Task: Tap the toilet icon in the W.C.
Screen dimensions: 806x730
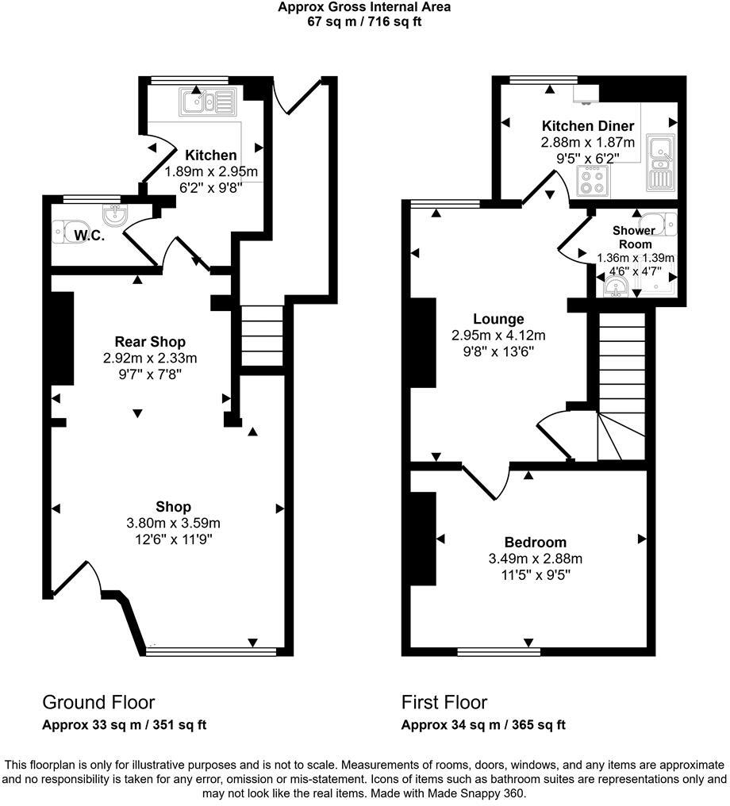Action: click(63, 230)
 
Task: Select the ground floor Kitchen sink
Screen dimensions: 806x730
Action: click(209, 101)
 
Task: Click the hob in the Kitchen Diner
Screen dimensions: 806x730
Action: click(592, 183)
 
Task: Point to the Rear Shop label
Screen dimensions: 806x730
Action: click(150, 342)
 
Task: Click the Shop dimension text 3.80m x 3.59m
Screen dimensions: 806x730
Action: click(173, 523)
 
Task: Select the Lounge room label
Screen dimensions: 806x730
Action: click(498, 319)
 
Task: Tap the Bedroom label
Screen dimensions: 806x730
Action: click(536, 543)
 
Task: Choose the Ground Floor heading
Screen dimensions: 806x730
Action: click(98, 702)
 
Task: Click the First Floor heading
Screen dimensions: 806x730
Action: click(444, 702)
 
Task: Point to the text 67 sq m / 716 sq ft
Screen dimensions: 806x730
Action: click(364, 21)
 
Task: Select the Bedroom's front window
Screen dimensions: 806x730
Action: click(498, 652)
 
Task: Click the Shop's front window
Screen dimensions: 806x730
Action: click(211, 652)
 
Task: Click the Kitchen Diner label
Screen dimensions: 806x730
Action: click(587, 126)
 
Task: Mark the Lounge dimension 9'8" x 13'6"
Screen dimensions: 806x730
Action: click(498, 350)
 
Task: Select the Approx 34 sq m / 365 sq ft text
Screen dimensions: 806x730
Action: click(482, 725)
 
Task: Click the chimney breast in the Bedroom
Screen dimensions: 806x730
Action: click(424, 539)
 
